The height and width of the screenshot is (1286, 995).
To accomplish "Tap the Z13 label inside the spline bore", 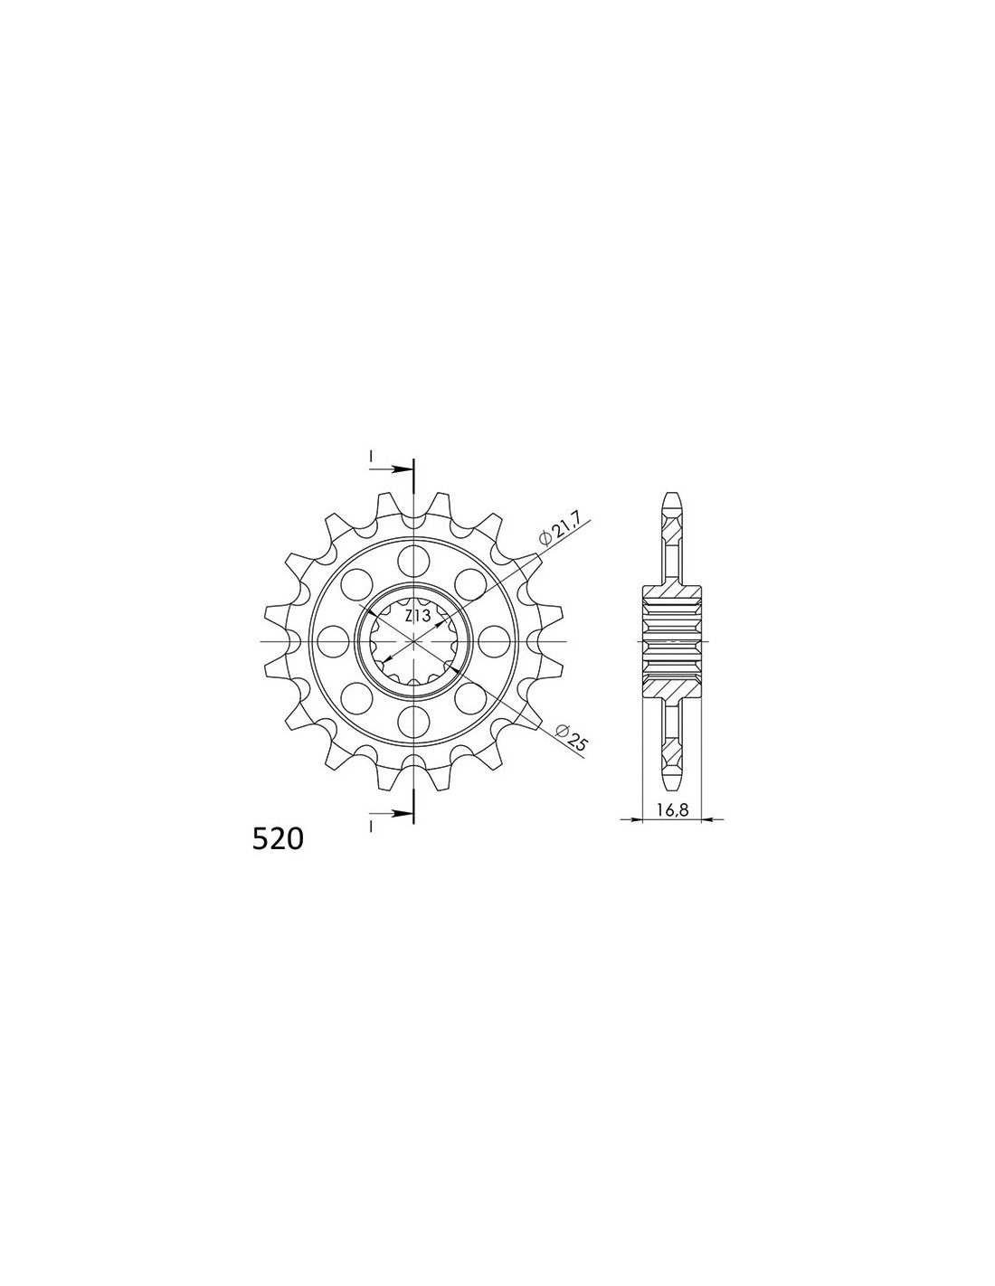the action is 417,617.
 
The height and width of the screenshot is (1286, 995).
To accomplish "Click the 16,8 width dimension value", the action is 671,810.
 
